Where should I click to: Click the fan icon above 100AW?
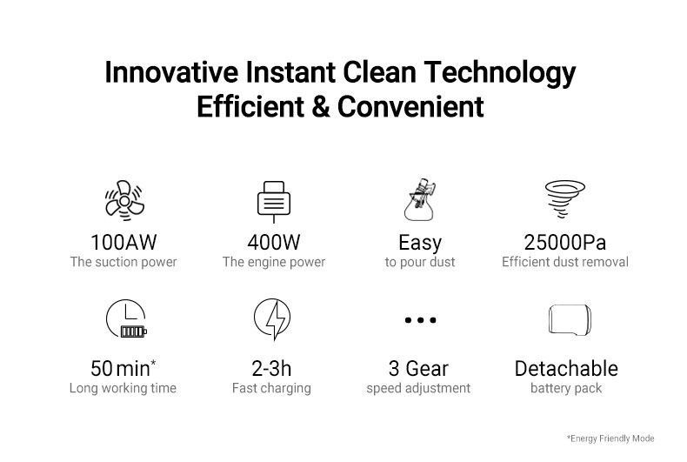(124, 201)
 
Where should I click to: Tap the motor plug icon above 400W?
(274, 202)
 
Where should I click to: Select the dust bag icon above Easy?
(420, 199)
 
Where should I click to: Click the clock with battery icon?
(126, 318)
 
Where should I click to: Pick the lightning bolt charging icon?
(272, 318)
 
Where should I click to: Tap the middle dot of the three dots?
(421, 320)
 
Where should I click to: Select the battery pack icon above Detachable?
(570, 320)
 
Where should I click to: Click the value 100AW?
(123, 243)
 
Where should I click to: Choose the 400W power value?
(274, 243)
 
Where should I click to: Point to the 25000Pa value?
(565, 243)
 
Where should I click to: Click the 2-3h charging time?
(271, 369)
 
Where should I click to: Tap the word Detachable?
(566, 369)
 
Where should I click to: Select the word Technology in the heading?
(499, 73)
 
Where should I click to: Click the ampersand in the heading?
(321, 107)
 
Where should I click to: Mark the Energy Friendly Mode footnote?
(610, 439)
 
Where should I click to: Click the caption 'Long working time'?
(123, 388)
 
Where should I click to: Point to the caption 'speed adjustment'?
(418, 388)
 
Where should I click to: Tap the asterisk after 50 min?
(153, 363)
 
